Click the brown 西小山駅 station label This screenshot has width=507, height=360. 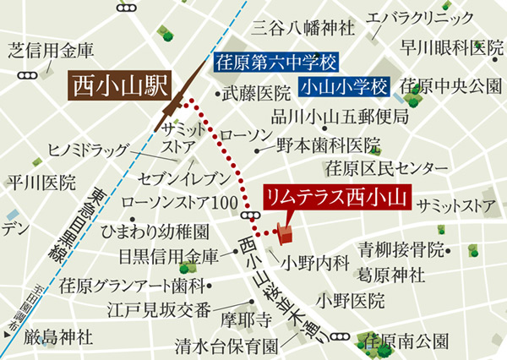click(118, 85)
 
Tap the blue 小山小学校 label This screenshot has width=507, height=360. click(346, 86)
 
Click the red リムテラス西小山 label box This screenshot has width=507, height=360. click(335, 199)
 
